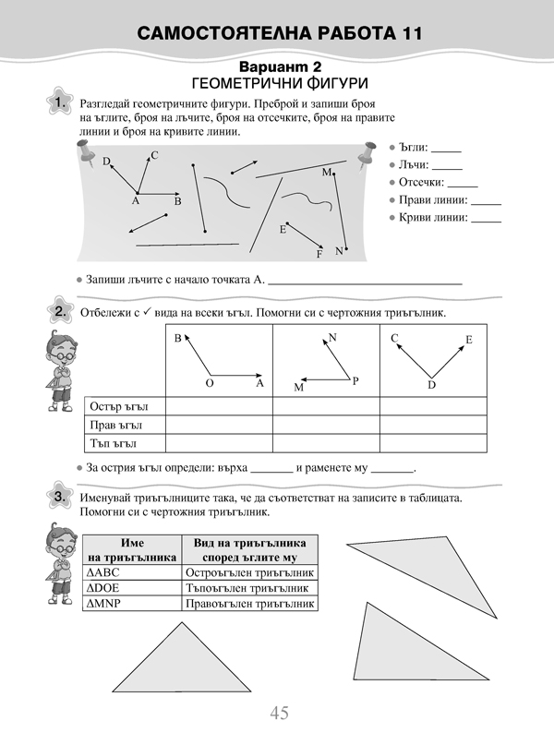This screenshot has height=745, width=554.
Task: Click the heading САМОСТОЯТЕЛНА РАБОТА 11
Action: click(278, 35)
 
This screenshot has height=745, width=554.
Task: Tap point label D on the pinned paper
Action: click(106, 162)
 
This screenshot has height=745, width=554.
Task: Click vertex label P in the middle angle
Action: click(355, 380)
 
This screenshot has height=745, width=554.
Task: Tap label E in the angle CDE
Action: click(468, 340)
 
